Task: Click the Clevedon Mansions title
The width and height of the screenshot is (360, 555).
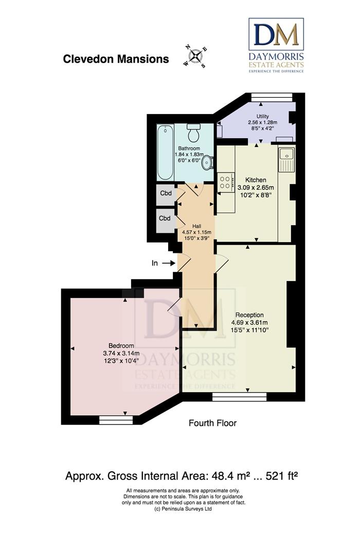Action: coord(116,59)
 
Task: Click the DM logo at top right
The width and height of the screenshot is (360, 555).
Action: coord(276,46)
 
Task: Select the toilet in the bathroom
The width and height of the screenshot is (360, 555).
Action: coord(194,133)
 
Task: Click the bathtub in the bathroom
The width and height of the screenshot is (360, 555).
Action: coord(165,152)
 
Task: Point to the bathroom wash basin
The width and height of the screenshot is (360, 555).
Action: coord(207,163)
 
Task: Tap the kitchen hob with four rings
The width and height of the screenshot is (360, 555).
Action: coord(225,182)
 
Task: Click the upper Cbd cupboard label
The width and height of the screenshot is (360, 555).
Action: coord(166,193)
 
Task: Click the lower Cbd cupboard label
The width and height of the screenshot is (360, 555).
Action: coord(165,218)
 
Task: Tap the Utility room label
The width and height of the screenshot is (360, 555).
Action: coord(263,116)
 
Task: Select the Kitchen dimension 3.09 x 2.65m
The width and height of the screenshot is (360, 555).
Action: coord(256,187)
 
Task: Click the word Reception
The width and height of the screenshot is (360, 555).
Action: coord(249,315)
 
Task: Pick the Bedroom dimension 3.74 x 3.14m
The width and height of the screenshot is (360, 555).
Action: coord(121,353)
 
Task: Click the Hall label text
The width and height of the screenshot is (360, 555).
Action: coord(196,226)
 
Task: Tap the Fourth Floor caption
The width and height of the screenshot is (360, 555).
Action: coord(212,423)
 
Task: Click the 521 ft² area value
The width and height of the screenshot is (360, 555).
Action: coord(282,476)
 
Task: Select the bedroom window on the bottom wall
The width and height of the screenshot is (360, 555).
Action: coord(116,420)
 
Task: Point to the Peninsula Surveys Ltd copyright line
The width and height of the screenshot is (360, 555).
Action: coord(184,509)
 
